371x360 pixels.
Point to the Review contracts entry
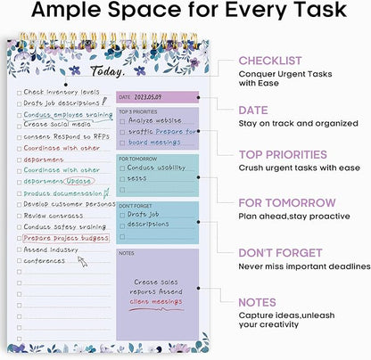tap(53, 215)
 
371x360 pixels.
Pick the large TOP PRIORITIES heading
tap(288, 155)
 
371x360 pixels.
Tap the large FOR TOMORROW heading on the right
tap(287, 203)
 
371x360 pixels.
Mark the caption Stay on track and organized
tap(301, 123)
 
